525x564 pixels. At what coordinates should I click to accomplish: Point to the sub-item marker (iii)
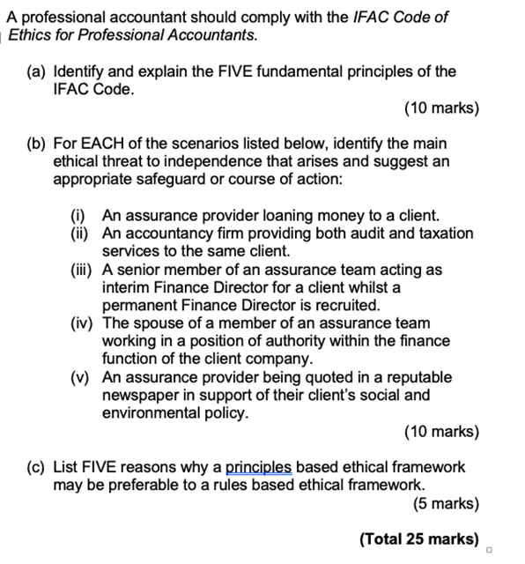[x=84, y=270]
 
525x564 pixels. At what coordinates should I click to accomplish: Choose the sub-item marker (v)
[x=82, y=377]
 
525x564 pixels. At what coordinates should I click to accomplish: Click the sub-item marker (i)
[x=80, y=215]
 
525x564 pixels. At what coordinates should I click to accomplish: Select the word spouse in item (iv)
[x=156, y=323]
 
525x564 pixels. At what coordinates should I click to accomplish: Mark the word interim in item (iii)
[x=128, y=287]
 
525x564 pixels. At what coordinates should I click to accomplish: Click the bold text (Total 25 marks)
[x=419, y=538]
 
